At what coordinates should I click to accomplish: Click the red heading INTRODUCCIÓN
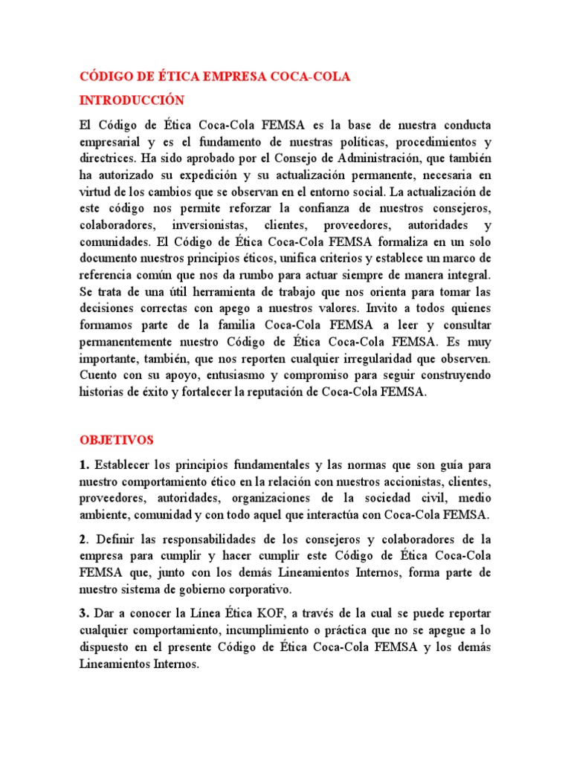click(x=132, y=100)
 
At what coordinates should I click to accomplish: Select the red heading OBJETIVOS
click(x=116, y=440)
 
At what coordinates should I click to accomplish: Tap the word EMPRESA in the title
click(x=239, y=77)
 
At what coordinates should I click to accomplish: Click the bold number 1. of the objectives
click(x=84, y=465)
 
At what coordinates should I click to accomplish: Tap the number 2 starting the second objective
click(x=83, y=538)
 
